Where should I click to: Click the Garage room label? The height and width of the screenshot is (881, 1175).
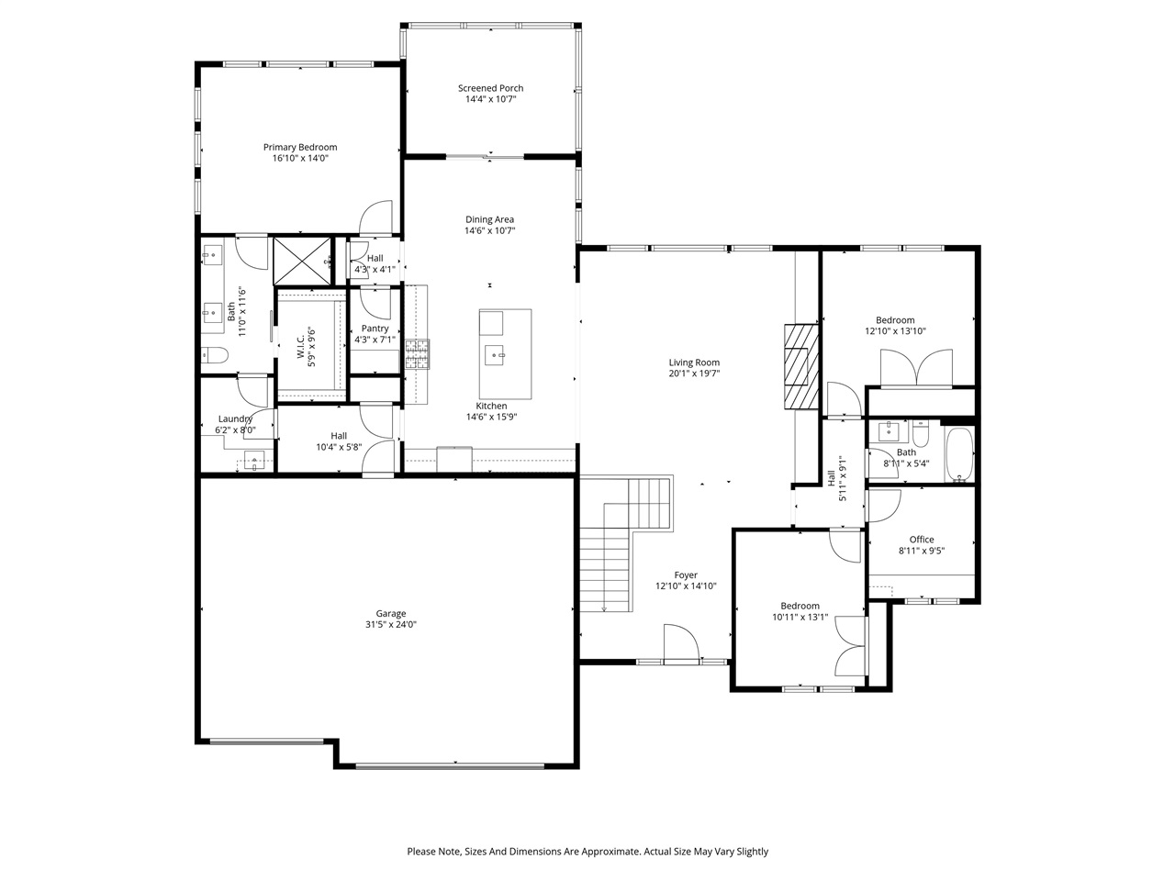(x=390, y=614)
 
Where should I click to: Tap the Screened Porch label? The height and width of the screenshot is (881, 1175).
(x=490, y=88)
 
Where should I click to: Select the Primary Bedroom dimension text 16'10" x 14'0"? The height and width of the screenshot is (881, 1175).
(x=299, y=158)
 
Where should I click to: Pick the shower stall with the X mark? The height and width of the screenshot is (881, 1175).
(x=303, y=261)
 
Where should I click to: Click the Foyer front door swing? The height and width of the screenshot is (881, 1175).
(x=679, y=642)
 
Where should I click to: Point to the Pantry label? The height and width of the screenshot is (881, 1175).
(x=375, y=329)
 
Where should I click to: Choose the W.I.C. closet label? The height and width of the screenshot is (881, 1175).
(x=300, y=347)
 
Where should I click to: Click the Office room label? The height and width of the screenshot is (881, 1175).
(x=921, y=540)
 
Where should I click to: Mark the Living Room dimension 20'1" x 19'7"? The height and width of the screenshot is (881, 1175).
(x=693, y=374)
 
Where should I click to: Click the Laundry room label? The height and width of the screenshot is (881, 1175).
(x=235, y=419)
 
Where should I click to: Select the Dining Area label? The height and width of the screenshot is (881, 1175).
(x=489, y=219)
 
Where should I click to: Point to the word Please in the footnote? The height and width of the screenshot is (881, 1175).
(x=422, y=852)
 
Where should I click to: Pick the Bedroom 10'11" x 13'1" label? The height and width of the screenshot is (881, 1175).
(x=800, y=606)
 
